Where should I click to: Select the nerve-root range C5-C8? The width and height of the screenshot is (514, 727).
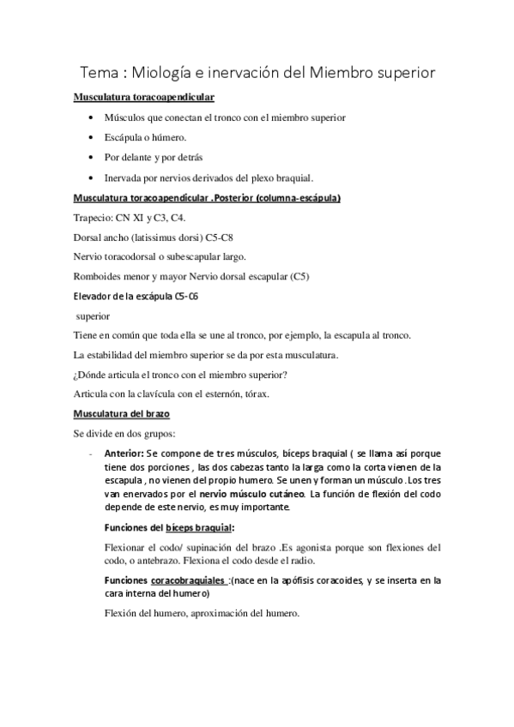221,237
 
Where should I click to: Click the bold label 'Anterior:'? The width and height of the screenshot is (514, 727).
124,453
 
